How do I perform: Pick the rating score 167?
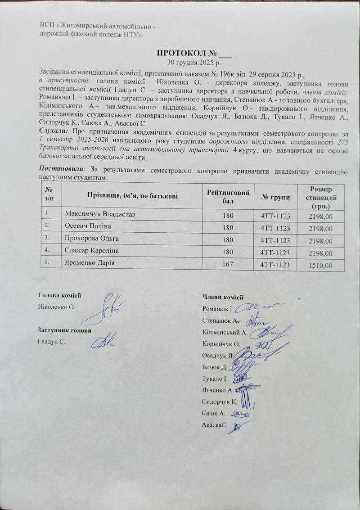coord(228,264)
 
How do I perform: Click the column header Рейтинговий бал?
coord(228,196)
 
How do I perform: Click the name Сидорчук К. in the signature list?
coord(219,401)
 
